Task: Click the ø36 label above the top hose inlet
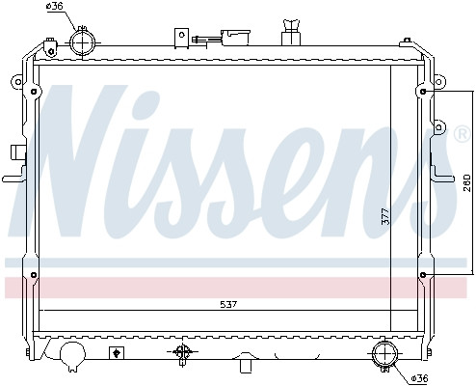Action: pos(55,8)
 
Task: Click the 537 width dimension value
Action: pos(227,304)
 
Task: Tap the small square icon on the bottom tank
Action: pos(117,352)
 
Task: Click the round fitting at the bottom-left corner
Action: pos(72,355)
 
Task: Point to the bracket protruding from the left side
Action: pos(13,164)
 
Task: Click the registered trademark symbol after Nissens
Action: pos(462,135)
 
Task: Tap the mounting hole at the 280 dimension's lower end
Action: pos(424,278)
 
